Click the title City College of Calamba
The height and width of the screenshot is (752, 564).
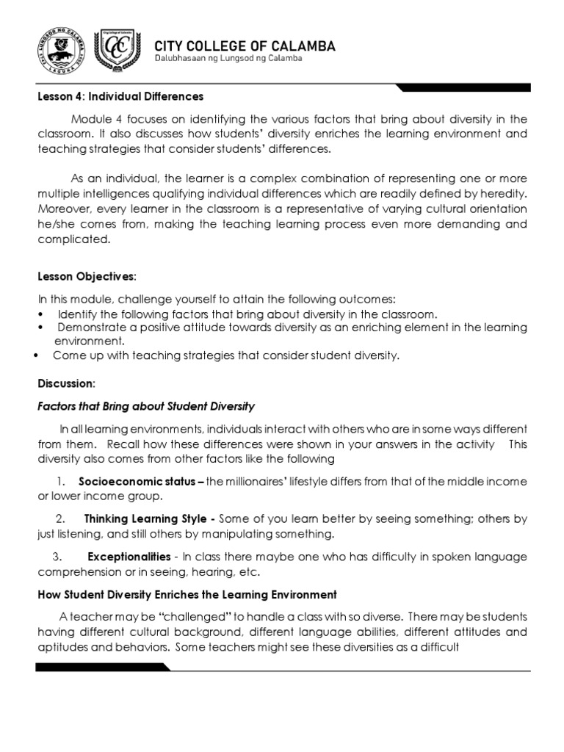[245, 46]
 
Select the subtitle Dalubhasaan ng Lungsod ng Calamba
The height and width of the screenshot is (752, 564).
[228, 59]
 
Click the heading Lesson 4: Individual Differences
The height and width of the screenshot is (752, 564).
[120, 96]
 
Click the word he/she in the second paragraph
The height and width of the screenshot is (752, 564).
[59, 224]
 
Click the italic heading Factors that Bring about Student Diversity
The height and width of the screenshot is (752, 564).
[146, 406]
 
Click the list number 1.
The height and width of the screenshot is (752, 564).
[61, 481]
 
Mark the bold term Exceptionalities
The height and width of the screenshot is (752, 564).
[129, 557]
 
